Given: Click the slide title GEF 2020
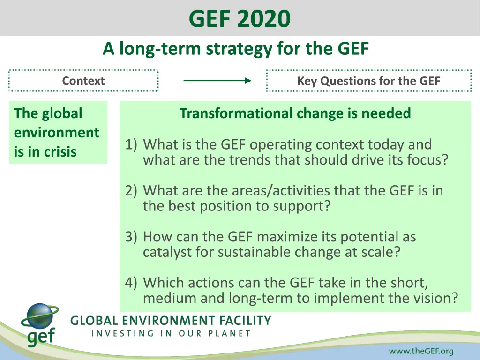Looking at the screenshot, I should point(240,19).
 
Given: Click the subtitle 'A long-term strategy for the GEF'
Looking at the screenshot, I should point(236,48).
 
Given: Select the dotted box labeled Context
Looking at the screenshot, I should point(83,81).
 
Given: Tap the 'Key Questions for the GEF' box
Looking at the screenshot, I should point(368,81).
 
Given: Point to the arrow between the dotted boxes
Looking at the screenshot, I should point(217,81).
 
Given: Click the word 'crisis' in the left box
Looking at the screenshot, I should point(60,152).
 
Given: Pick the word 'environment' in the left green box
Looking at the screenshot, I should point(57,133).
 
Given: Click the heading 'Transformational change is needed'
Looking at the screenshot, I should point(295,113).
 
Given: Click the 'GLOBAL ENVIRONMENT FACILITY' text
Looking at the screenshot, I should point(171,321).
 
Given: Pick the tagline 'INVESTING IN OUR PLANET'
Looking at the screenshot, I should point(171,334).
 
